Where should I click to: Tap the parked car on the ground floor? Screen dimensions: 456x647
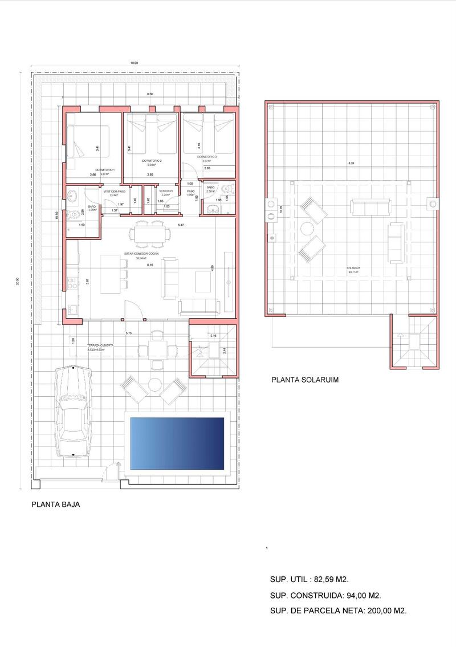(x=73, y=411)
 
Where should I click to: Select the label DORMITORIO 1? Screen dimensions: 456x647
(x=105, y=170)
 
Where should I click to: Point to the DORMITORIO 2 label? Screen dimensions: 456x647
(x=152, y=161)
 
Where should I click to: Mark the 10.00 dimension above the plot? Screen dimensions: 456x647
(x=134, y=63)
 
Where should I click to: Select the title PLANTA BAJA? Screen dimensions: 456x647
(x=55, y=504)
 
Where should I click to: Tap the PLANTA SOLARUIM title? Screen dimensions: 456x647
(x=305, y=379)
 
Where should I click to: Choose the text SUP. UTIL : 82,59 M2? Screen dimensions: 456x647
(x=308, y=579)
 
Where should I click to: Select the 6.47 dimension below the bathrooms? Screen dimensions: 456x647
(x=181, y=226)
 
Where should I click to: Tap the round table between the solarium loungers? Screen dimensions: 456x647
(x=308, y=228)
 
